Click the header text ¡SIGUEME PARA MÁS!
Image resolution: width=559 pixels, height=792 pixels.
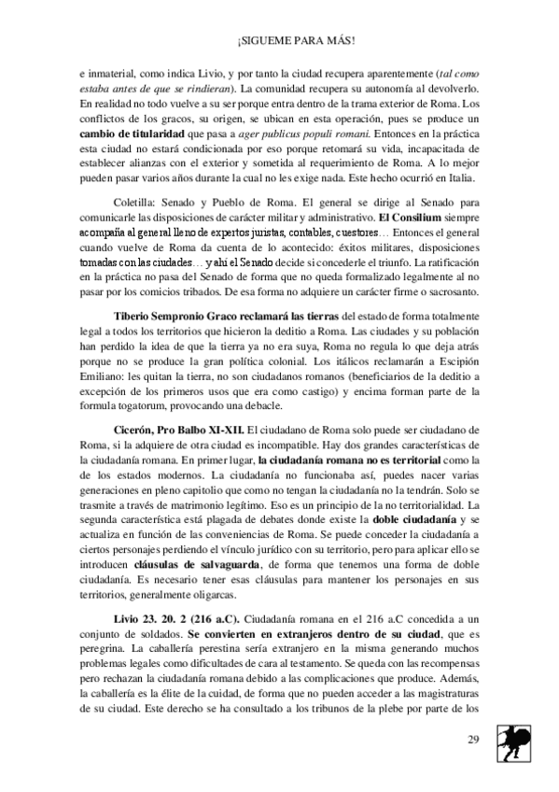tap(280, 41)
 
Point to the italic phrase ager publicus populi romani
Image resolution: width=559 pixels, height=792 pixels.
tap(285, 135)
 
